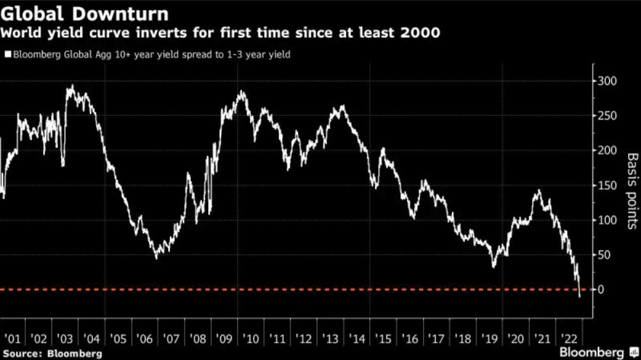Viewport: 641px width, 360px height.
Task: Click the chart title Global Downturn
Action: pos(85,12)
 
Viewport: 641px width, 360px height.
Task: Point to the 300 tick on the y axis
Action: pos(606,81)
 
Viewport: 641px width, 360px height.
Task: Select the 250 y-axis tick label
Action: pos(606,116)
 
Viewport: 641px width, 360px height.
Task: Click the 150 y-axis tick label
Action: pos(606,186)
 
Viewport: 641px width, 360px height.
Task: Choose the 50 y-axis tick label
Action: pos(604,255)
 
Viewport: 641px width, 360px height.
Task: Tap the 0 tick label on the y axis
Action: pos(601,290)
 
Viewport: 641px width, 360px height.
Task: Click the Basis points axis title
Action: pos(632,190)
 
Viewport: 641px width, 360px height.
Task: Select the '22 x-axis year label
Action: pos(569,338)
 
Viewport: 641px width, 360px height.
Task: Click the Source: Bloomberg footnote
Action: pos(52,353)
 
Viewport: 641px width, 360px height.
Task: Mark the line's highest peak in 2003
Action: pos(72,86)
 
